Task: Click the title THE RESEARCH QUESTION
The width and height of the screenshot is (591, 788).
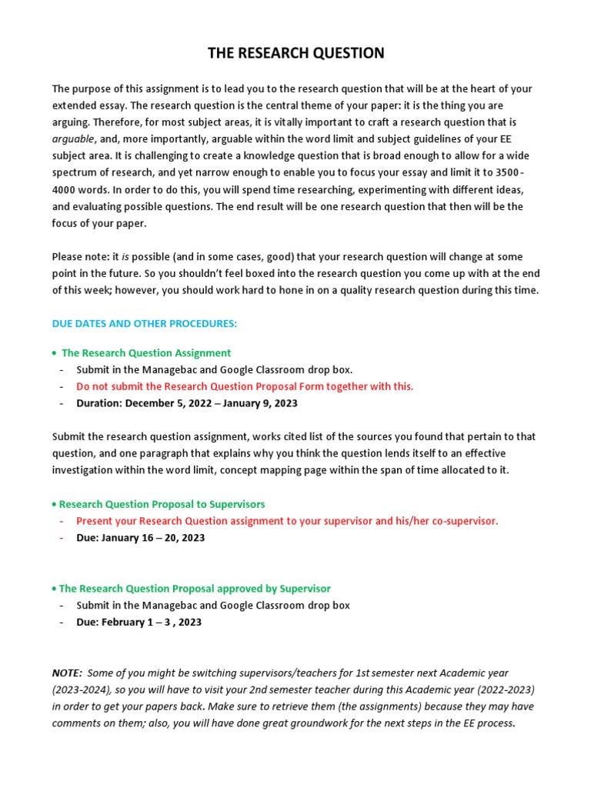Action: pyautogui.click(x=295, y=53)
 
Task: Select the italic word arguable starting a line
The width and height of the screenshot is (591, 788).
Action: pyautogui.click(x=72, y=139)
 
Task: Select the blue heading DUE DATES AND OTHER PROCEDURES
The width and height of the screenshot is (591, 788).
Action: pyautogui.click(x=145, y=324)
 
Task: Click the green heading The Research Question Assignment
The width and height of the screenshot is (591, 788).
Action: pyautogui.click(x=145, y=353)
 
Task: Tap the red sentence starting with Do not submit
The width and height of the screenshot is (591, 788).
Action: pyautogui.click(x=245, y=386)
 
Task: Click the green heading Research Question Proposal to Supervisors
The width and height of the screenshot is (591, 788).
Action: pyautogui.click(x=162, y=504)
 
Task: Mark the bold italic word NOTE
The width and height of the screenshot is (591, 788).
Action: pyautogui.click(x=67, y=673)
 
